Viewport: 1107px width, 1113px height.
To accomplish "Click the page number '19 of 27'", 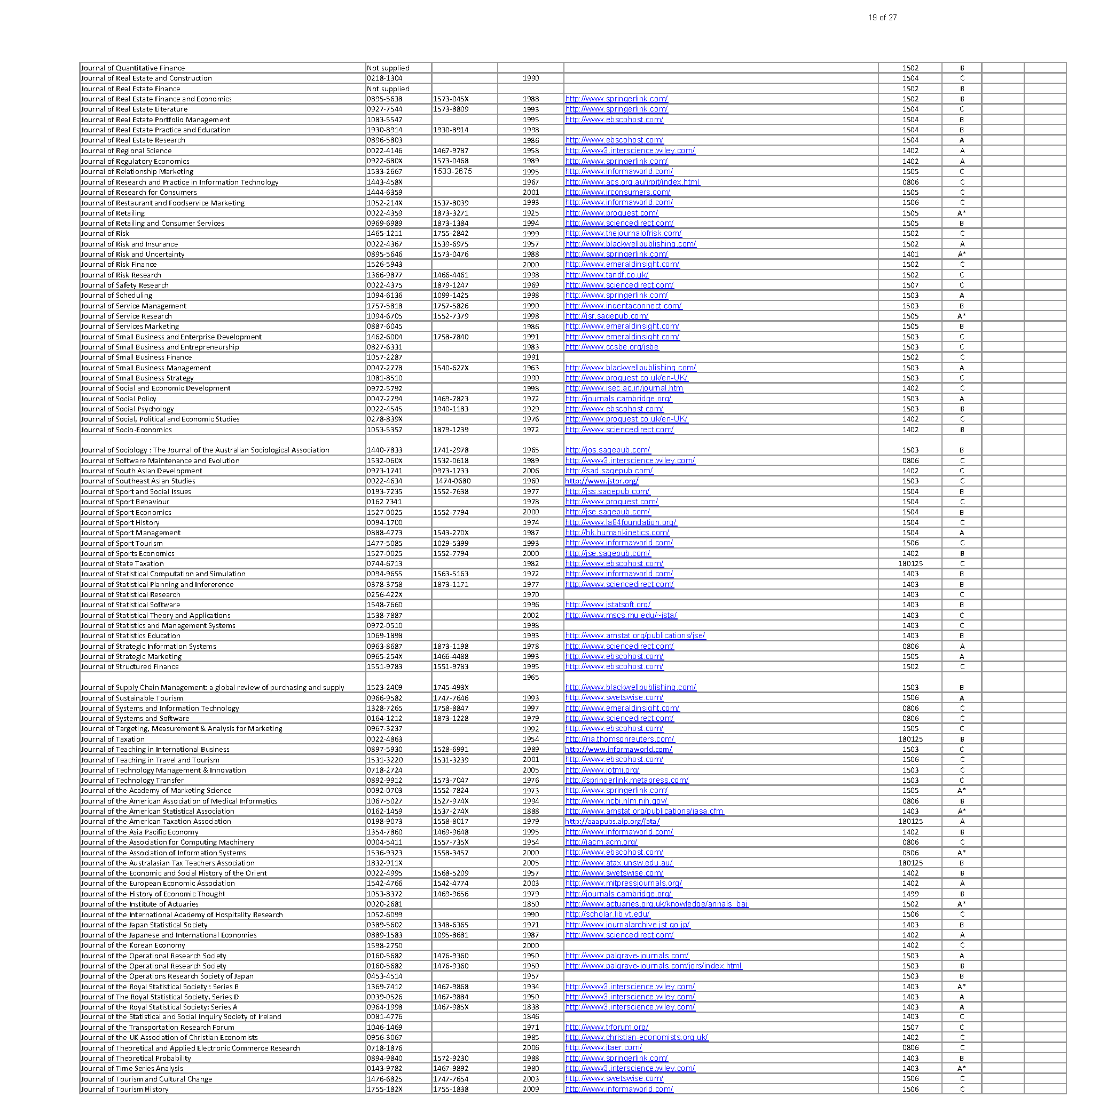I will (x=882, y=18).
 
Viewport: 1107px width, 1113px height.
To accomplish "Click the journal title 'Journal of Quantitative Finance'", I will (x=133, y=68).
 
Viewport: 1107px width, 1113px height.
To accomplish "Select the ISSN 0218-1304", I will (x=384, y=78).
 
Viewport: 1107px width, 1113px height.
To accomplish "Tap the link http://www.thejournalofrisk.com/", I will (x=623, y=233).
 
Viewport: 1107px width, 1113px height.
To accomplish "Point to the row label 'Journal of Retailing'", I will (x=113, y=213).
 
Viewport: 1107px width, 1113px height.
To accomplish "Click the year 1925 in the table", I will (x=530, y=213).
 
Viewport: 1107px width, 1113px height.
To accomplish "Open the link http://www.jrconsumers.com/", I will (x=617, y=193).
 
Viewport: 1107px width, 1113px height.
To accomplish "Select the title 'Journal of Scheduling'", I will (x=116, y=296).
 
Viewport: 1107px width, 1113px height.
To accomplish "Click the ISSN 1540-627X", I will (x=451, y=368).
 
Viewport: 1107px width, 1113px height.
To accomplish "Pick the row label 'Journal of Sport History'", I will (x=120, y=522).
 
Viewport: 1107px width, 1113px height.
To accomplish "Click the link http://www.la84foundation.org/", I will (x=621, y=522).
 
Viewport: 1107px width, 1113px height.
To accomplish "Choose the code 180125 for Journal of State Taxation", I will (x=910, y=564).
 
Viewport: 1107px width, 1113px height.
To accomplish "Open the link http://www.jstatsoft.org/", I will (x=608, y=605).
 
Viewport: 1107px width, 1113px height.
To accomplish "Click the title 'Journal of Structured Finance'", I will (x=130, y=667).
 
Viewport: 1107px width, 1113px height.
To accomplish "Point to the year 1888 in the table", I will (x=530, y=811).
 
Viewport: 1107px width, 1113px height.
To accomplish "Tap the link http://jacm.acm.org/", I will (x=601, y=842).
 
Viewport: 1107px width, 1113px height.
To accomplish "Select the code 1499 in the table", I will (x=910, y=894).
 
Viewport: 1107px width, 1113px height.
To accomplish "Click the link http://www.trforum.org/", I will (x=607, y=1027).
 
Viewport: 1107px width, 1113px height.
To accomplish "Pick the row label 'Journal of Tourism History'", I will (x=124, y=1090).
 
